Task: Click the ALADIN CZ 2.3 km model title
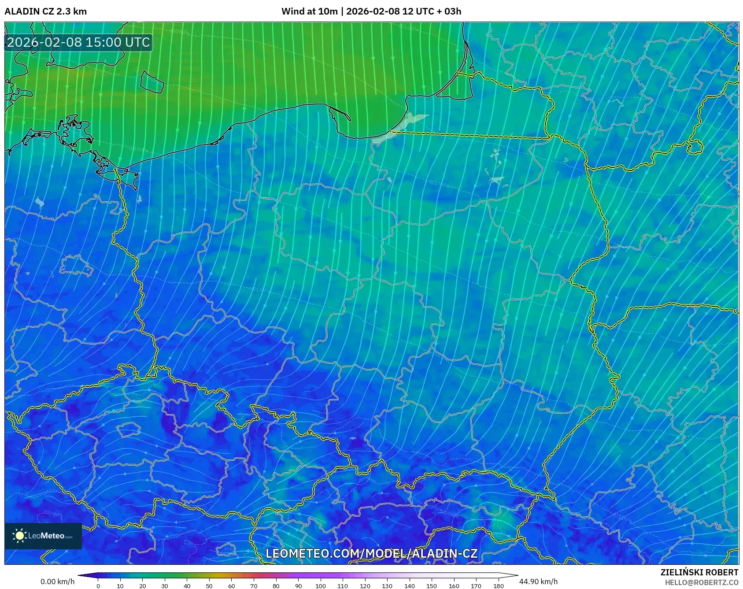[45, 11]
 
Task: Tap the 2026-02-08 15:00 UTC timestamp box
[78, 42]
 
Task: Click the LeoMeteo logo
[43, 536]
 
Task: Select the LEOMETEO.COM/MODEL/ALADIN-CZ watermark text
[371, 553]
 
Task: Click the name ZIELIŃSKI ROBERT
[699, 572]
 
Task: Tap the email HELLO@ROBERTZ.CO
[701, 582]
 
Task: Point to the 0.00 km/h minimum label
[57, 582]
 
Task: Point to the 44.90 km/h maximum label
[538, 582]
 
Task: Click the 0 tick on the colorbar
[98, 585]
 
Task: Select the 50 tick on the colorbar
[209, 585]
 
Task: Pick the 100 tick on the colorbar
[320, 585]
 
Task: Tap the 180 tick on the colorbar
[498, 585]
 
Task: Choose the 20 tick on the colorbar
[143, 585]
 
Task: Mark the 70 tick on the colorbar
[254, 585]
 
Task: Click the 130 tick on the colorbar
[387, 585]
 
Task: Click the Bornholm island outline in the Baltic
[152, 82]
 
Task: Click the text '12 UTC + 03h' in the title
[432, 11]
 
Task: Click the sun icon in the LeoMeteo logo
[20, 536]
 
